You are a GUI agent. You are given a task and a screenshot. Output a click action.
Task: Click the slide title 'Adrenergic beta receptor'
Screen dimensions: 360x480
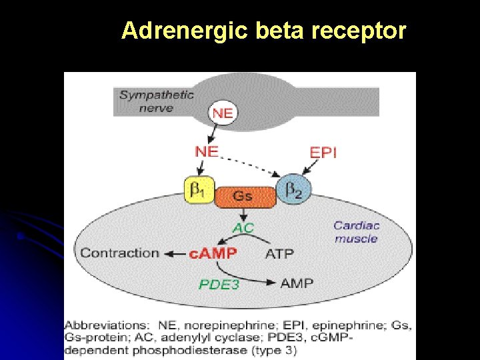[263, 31]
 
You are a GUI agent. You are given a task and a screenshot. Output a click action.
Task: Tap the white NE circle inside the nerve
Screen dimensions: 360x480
[222, 113]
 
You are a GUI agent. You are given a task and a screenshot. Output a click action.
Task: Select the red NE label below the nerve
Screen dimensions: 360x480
[207, 151]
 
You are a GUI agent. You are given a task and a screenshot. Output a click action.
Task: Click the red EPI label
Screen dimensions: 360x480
[323, 153]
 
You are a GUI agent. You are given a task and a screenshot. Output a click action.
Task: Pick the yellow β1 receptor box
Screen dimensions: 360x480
[198, 191]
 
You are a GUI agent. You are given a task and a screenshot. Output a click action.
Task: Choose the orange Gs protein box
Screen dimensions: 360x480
[243, 195]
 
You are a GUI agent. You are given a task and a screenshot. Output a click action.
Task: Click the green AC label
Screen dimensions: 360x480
[243, 227]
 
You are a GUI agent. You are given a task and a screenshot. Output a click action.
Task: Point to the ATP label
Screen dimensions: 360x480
[279, 253]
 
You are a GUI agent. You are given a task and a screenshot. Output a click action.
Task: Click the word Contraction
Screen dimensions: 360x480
[120, 253]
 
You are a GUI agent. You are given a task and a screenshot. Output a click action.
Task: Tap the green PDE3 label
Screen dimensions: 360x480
[219, 284]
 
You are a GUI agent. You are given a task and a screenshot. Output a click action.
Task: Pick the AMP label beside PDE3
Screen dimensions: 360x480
[297, 283]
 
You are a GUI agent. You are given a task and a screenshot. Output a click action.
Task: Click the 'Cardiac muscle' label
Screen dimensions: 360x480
[356, 232]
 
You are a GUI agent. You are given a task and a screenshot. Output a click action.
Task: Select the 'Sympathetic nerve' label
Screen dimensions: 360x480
[157, 101]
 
